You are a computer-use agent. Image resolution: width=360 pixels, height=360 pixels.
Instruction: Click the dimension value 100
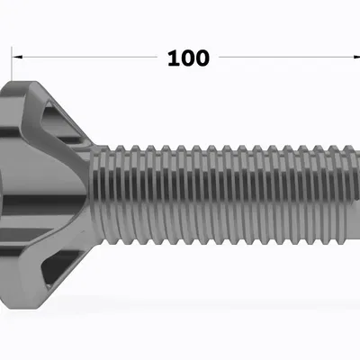[x=188, y=58]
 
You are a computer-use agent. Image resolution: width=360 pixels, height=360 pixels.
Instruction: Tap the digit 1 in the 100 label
[x=172, y=58]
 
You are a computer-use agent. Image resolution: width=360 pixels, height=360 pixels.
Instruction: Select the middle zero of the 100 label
[x=187, y=58]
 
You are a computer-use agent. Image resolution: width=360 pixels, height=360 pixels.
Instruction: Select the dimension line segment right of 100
[x=288, y=58]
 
